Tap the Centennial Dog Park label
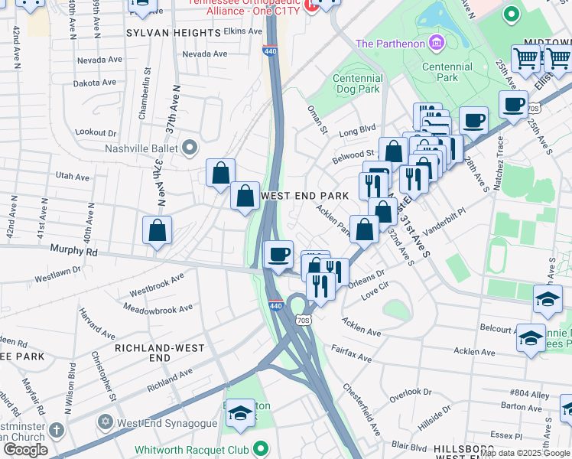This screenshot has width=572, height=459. tap(358, 83)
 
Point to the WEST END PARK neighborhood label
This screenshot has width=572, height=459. tap(305, 196)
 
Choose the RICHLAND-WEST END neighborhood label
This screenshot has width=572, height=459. tap(153, 353)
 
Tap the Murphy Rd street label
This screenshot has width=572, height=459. tap(73, 250)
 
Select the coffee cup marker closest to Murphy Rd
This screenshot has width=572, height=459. tap(279, 253)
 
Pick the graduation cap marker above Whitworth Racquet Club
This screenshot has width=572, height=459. tap(240, 414)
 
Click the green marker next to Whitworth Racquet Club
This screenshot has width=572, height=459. tap(262, 449)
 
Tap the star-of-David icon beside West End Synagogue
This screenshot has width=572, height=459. tap(106, 422)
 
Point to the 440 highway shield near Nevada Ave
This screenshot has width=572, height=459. tap(269, 51)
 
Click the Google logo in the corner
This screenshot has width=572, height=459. tap(25, 450)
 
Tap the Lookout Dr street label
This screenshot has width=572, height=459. tap(95, 132)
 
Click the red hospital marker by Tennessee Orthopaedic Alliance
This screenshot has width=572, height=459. tap(310, 6)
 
